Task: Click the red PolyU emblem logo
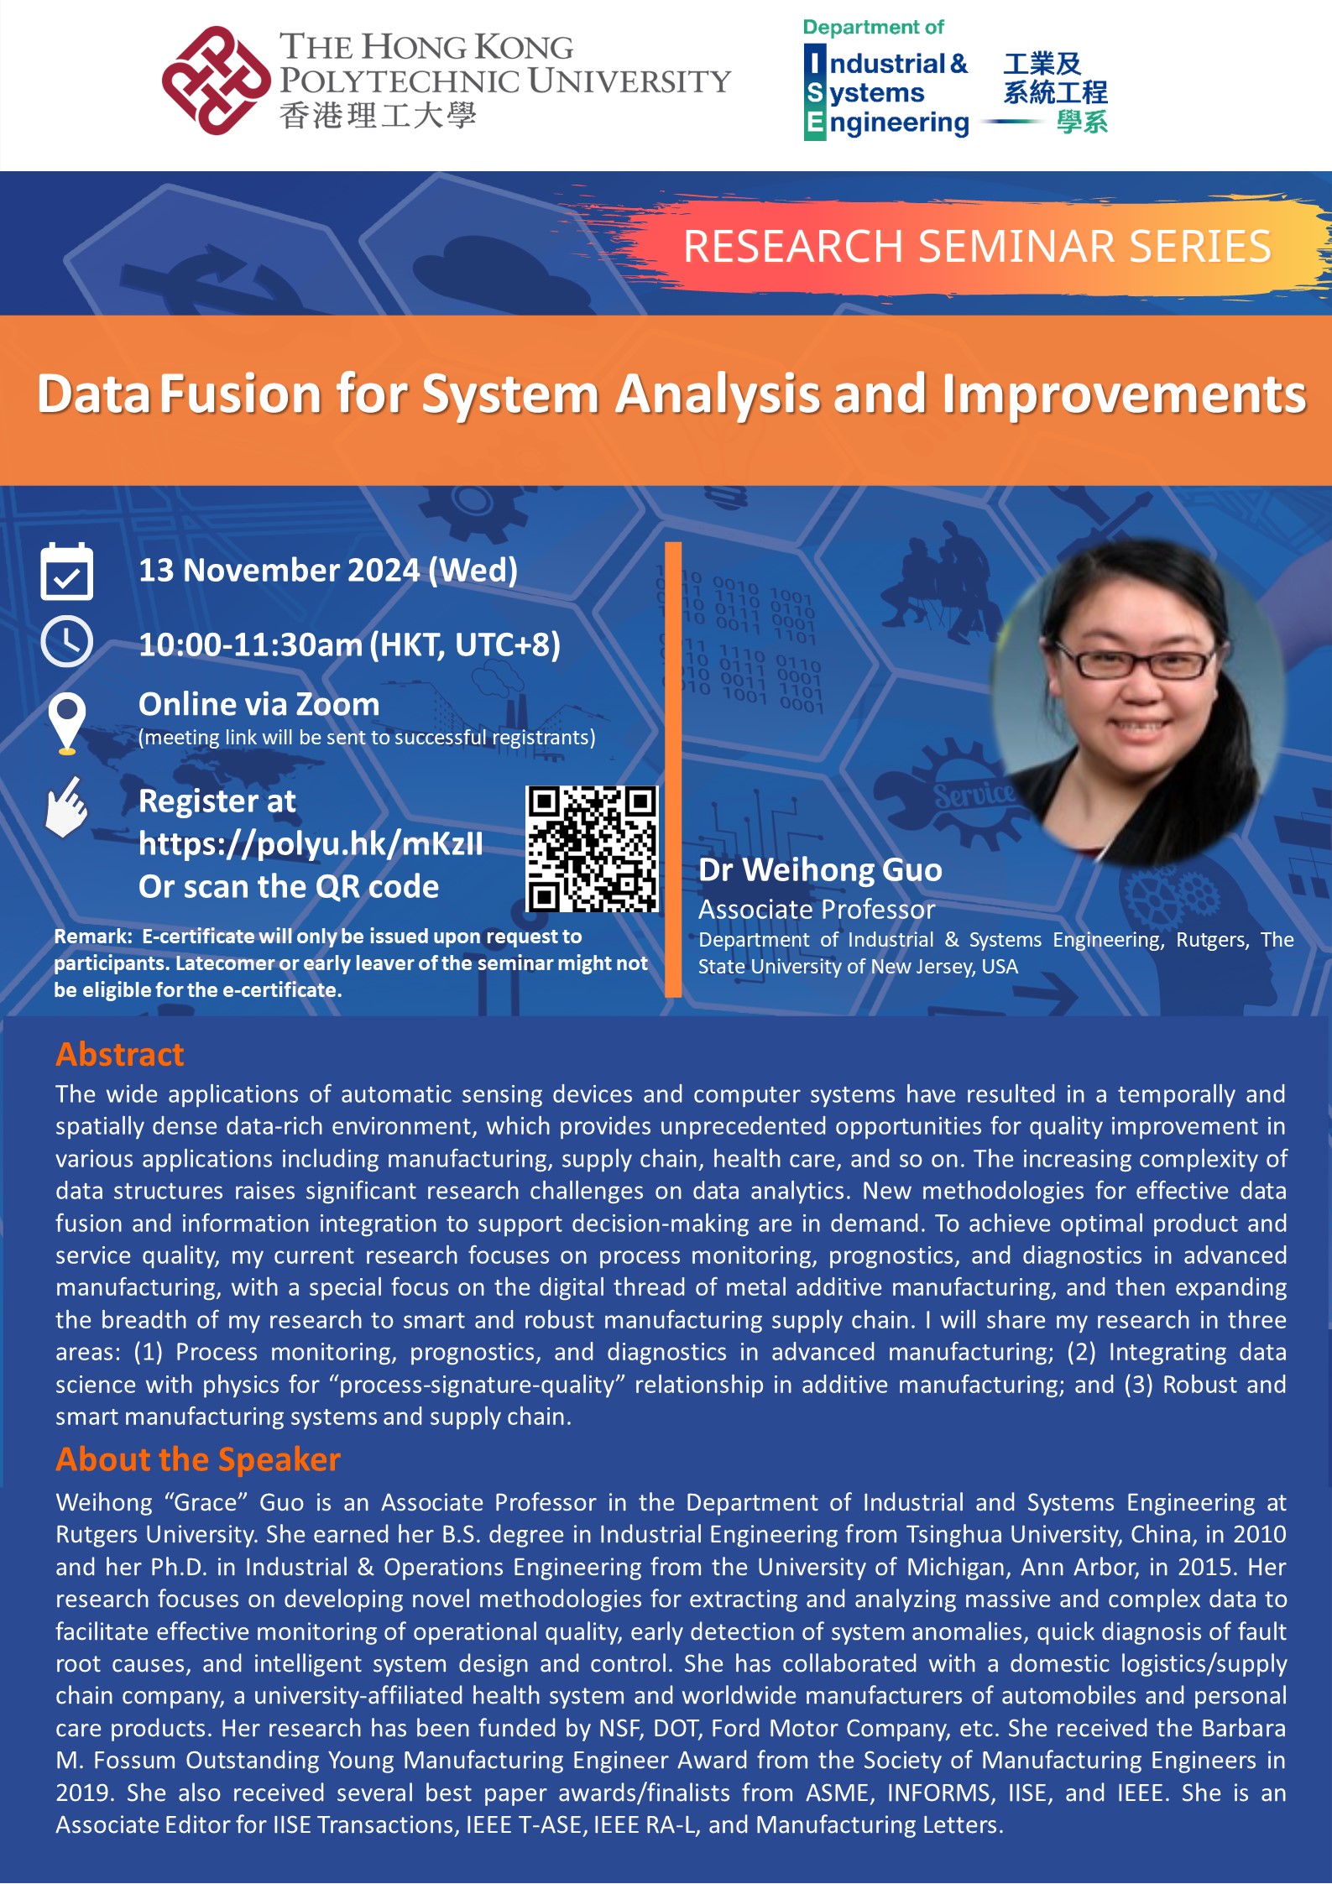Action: click(216, 81)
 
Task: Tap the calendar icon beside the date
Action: click(67, 571)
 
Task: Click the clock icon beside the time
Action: click(67, 642)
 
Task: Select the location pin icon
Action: click(67, 720)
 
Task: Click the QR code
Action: click(592, 848)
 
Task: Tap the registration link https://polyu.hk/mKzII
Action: click(311, 843)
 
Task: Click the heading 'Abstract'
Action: click(119, 1054)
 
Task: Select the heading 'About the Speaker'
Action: click(198, 1459)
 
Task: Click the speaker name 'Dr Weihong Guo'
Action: click(820, 869)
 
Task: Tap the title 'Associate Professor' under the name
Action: click(816, 909)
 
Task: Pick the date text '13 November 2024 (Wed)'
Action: click(327, 571)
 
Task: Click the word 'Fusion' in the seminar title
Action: click(240, 394)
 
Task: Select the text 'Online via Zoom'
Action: click(259, 704)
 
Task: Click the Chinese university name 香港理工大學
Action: click(378, 116)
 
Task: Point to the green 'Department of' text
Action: click(873, 28)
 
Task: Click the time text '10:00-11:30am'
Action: click(250, 645)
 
